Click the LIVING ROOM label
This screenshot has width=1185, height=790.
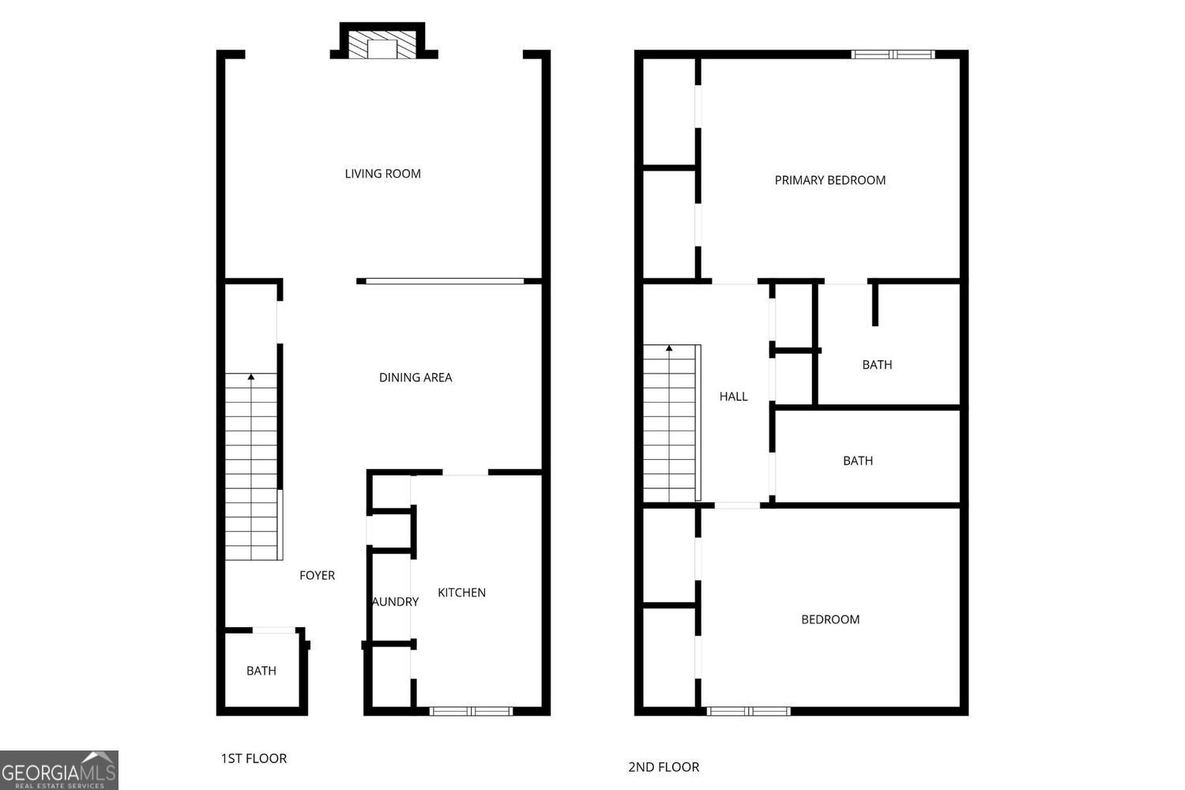(x=382, y=174)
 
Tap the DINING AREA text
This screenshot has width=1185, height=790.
(x=416, y=378)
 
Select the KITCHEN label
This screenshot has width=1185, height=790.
(x=461, y=592)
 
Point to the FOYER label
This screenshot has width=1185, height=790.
(x=317, y=575)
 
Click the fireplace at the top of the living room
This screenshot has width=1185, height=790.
(x=382, y=41)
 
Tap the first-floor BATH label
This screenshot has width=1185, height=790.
(x=261, y=671)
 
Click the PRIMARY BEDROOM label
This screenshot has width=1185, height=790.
(x=830, y=180)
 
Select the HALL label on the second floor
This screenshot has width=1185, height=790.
(x=733, y=397)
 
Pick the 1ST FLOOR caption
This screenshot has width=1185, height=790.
(x=254, y=758)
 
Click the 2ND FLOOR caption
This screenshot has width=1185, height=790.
(x=664, y=767)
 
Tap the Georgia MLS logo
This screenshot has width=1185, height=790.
(x=58, y=770)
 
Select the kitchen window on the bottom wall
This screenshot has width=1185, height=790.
(x=471, y=711)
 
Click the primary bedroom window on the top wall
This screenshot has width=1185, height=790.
(x=893, y=54)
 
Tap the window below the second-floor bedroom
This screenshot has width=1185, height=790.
(x=749, y=711)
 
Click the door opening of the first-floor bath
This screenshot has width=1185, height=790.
(x=274, y=630)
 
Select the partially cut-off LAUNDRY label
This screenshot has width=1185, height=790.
(x=395, y=602)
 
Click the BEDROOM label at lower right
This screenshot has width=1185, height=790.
(x=830, y=619)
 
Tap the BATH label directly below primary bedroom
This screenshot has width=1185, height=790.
(x=877, y=364)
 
